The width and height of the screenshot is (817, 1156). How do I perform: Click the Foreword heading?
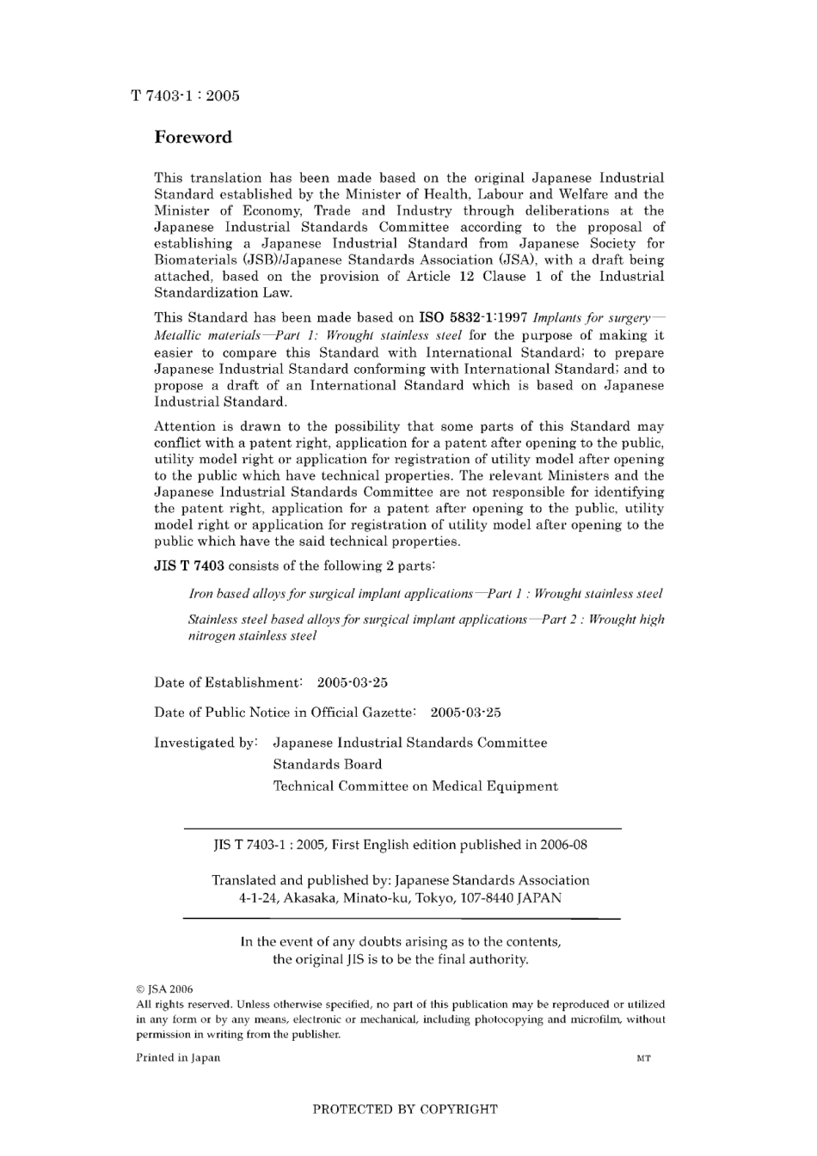click(193, 138)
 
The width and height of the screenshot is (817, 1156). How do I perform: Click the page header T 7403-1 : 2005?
click(185, 95)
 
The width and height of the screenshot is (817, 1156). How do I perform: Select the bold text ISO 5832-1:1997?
click(472, 318)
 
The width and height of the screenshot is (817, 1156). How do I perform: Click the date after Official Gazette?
click(465, 713)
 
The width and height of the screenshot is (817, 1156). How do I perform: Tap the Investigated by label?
click(206, 743)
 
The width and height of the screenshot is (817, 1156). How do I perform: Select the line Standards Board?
click(328, 764)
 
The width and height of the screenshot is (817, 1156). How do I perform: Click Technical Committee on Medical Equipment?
click(415, 786)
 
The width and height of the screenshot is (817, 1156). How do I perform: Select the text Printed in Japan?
click(178, 1058)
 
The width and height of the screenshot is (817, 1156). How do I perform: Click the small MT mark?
click(643, 1059)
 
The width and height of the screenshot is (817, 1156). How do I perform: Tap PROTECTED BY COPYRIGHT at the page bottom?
click(404, 1110)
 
